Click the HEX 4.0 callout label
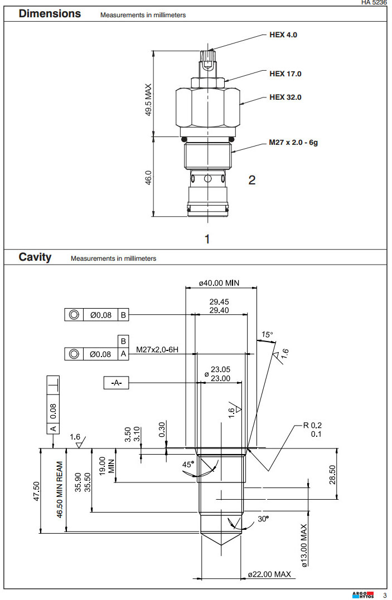(x=283, y=35)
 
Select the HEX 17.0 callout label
(x=285, y=74)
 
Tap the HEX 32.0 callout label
(x=285, y=97)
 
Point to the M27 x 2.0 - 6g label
(x=293, y=143)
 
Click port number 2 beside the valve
(x=252, y=180)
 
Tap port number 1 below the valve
(x=207, y=239)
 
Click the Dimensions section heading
(x=50, y=14)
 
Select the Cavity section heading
(x=35, y=257)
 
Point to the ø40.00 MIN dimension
(x=219, y=283)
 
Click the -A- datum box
(x=117, y=383)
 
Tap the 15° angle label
(x=268, y=335)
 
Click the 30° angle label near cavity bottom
(x=263, y=519)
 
